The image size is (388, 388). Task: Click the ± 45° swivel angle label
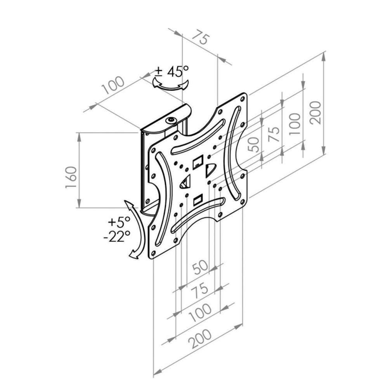[172, 71]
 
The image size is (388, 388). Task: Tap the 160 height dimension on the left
[71, 177]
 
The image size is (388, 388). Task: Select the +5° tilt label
[119, 222]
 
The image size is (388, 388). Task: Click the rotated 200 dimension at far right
[315, 113]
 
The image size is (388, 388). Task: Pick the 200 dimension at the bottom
[200, 338]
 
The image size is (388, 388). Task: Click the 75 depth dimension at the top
[201, 37]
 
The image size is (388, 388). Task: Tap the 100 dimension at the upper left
[113, 85]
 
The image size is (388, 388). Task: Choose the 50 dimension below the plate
[200, 267]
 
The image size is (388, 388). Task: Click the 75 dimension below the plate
[200, 291]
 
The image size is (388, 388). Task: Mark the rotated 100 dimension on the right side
[295, 124]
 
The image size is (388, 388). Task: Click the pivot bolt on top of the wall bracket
[171, 121]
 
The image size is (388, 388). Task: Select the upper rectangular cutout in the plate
[198, 162]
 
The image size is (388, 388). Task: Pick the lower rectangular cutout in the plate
[198, 200]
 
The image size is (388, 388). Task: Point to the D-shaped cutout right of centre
[211, 170]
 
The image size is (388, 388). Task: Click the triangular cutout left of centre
[185, 182]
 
